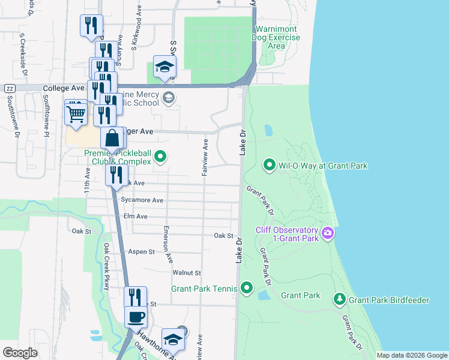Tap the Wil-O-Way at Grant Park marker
tap(270, 165)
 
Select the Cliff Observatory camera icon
tap(327, 233)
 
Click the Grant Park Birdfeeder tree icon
tap(339, 299)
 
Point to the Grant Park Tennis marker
tap(246, 289)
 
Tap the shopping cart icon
tap(75, 112)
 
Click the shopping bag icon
tap(113, 139)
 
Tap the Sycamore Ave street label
tap(142, 200)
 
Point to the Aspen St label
tap(142, 252)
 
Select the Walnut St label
tap(186, 272)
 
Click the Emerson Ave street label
tap(169, 244)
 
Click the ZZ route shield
tap(9, 88)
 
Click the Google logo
tap(20, 353)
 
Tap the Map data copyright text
tap(411, 355)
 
